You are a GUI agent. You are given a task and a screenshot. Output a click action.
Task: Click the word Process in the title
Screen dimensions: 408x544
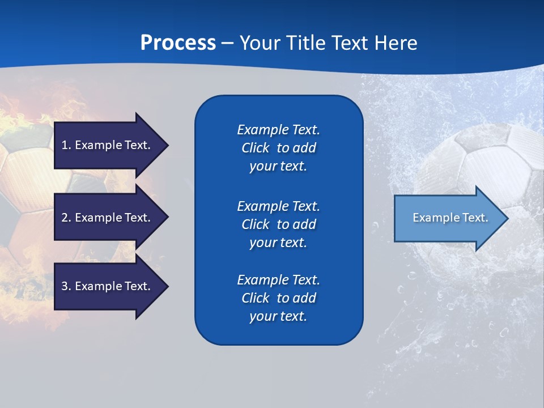(x=177, y=42)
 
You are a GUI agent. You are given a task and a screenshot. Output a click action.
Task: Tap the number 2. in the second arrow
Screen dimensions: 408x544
(x=66, y=218)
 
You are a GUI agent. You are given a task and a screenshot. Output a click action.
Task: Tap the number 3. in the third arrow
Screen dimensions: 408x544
(x=66, y=286)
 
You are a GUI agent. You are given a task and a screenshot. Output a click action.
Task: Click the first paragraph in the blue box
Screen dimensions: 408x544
(x=278, y=148)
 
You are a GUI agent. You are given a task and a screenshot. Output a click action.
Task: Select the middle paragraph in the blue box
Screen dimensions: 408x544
(x=278, y=224)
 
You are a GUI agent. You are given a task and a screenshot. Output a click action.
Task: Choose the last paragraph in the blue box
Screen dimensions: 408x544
(x=278, y=298)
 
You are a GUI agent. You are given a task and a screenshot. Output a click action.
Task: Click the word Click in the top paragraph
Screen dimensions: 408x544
(x=255, y=148)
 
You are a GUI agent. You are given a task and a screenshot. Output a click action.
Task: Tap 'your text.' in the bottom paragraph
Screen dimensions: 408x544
(x=278, y=316)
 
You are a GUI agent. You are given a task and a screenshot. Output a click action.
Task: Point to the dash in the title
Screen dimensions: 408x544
(x=227, y=43)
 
